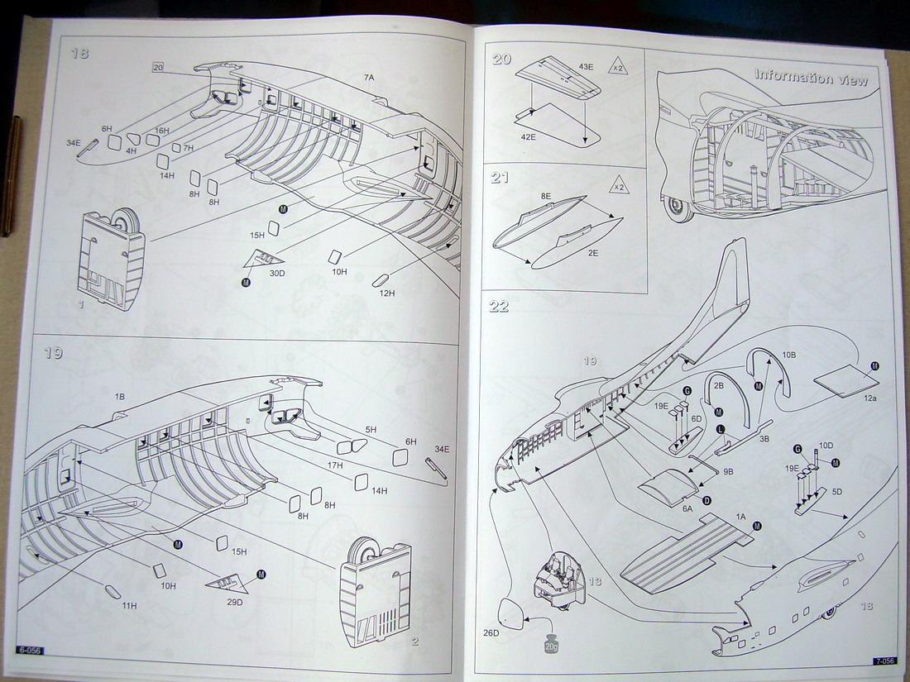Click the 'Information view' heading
811,78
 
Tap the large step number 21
500,178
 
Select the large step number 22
499,306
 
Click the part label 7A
369,78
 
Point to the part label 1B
119,397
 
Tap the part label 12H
386,293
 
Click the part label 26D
492,633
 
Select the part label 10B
789,355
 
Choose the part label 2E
593,254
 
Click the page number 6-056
27,651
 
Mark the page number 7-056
884,661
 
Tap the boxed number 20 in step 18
159,67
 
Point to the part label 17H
334,465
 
